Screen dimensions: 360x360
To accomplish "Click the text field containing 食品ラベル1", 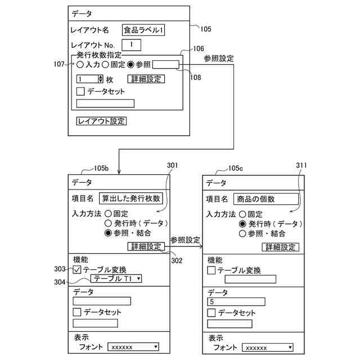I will coord(144,30).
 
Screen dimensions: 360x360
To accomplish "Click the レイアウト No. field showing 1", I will coord(131,44).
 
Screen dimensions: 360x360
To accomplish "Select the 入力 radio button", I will coord(80,65).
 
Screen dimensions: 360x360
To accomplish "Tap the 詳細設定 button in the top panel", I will coord(146,79).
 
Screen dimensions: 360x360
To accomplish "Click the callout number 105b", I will coord(102,168).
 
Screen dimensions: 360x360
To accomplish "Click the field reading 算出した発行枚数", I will coord(130,199).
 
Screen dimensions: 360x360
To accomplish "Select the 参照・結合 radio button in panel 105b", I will coord(109,233).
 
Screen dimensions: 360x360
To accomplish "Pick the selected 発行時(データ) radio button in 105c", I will coord(243,224).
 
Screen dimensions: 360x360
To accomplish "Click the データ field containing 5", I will coord(236,302).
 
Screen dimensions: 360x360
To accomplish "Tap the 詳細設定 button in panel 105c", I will coord(280,247).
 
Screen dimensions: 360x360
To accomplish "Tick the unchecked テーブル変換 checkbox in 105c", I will coord(212,271).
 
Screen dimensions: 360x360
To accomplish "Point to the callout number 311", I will coord(302,165).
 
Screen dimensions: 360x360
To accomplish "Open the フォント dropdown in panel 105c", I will coord(267,348).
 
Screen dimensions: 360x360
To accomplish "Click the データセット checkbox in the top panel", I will coord(80,91).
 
